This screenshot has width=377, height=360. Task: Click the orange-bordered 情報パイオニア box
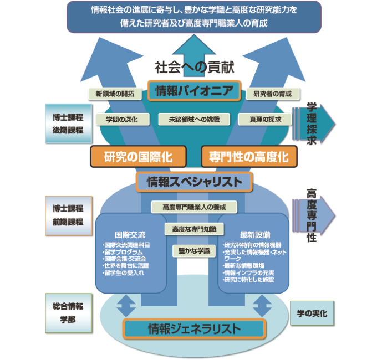point(194,91)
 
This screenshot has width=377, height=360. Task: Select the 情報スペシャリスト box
point(194,181)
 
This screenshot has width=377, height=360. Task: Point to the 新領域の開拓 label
point(115,94)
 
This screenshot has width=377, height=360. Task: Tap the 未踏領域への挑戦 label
point(190,119)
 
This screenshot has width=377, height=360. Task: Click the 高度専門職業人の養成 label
point(193,207)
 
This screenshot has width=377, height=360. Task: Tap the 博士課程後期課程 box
point(65,123)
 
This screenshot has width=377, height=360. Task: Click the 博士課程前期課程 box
point(65,215)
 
